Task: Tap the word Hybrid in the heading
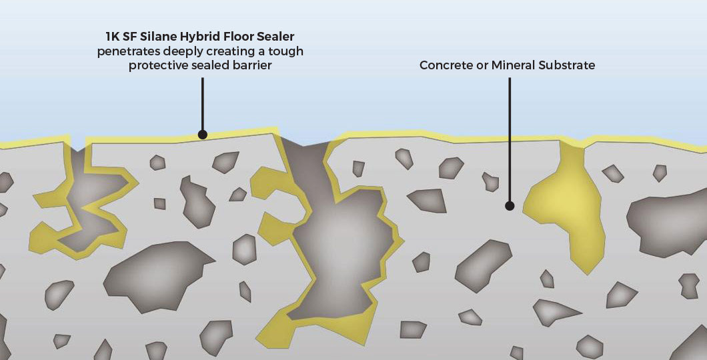coord(192,37)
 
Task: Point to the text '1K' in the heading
coord(111,36)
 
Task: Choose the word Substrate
coord(567,65)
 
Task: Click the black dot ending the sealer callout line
coord(203,134)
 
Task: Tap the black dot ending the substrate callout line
coord(510,206)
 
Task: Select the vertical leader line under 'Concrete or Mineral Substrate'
coord(510,140)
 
